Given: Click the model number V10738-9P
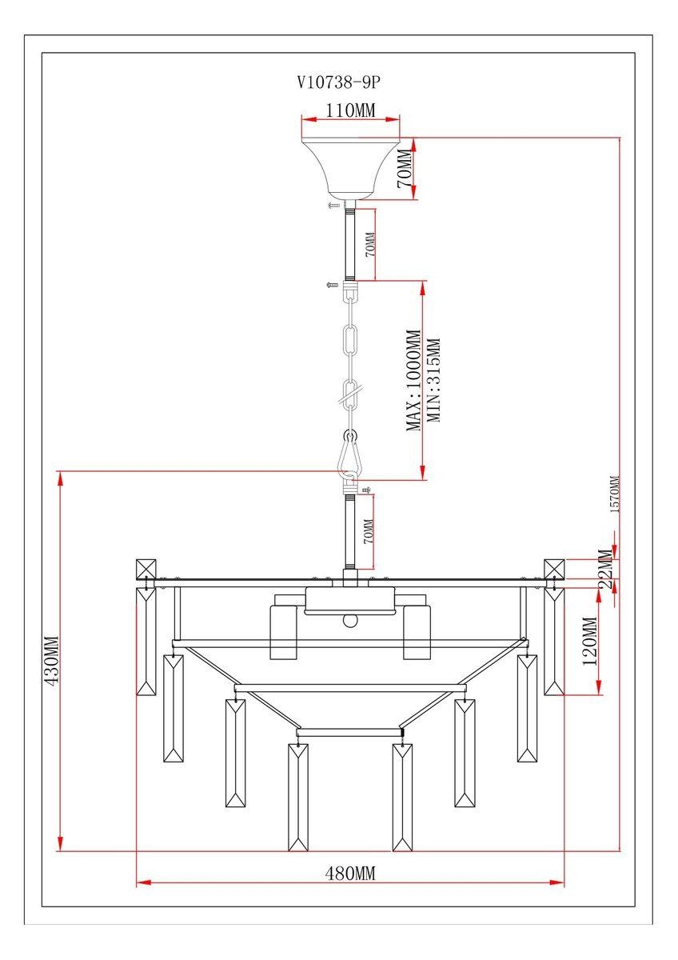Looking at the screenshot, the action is click(x=338, y=82).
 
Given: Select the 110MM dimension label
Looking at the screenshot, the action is click(x=350, y=110).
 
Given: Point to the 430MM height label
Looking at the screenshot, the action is click(x=52, y=662).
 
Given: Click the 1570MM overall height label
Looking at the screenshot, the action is click(x=615, y=494).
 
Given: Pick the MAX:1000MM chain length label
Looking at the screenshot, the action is click(x=413, y=381).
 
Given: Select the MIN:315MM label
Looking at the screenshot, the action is click(x=433, y=381).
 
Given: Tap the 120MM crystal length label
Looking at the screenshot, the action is click(x=590, y=641).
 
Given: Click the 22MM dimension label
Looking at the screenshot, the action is click(x=607, y=569).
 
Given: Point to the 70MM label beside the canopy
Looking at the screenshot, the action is click(x=406, y=169).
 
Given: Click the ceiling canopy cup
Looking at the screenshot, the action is click(x=350, y=169).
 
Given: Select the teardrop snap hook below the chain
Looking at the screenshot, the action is click(x=350, y=456).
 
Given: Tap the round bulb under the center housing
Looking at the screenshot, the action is click(x=350, y=621).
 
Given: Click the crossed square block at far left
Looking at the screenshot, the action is click(x=146, y=570).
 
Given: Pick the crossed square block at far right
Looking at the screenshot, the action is click(x=554, y=570).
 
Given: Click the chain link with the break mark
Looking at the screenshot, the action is click(x=350, y=393).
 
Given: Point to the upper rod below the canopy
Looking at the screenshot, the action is click(x=350, y=245).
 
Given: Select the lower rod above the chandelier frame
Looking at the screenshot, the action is click(x=350, y=531).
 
